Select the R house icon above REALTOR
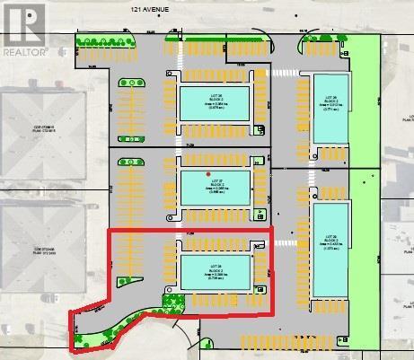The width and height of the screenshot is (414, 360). pyautogui.click(x=23, y=24)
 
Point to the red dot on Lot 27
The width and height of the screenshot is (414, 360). pyautogui.click(x=208, y=173)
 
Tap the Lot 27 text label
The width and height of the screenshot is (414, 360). pyautogui.click(x=215, y=182)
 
